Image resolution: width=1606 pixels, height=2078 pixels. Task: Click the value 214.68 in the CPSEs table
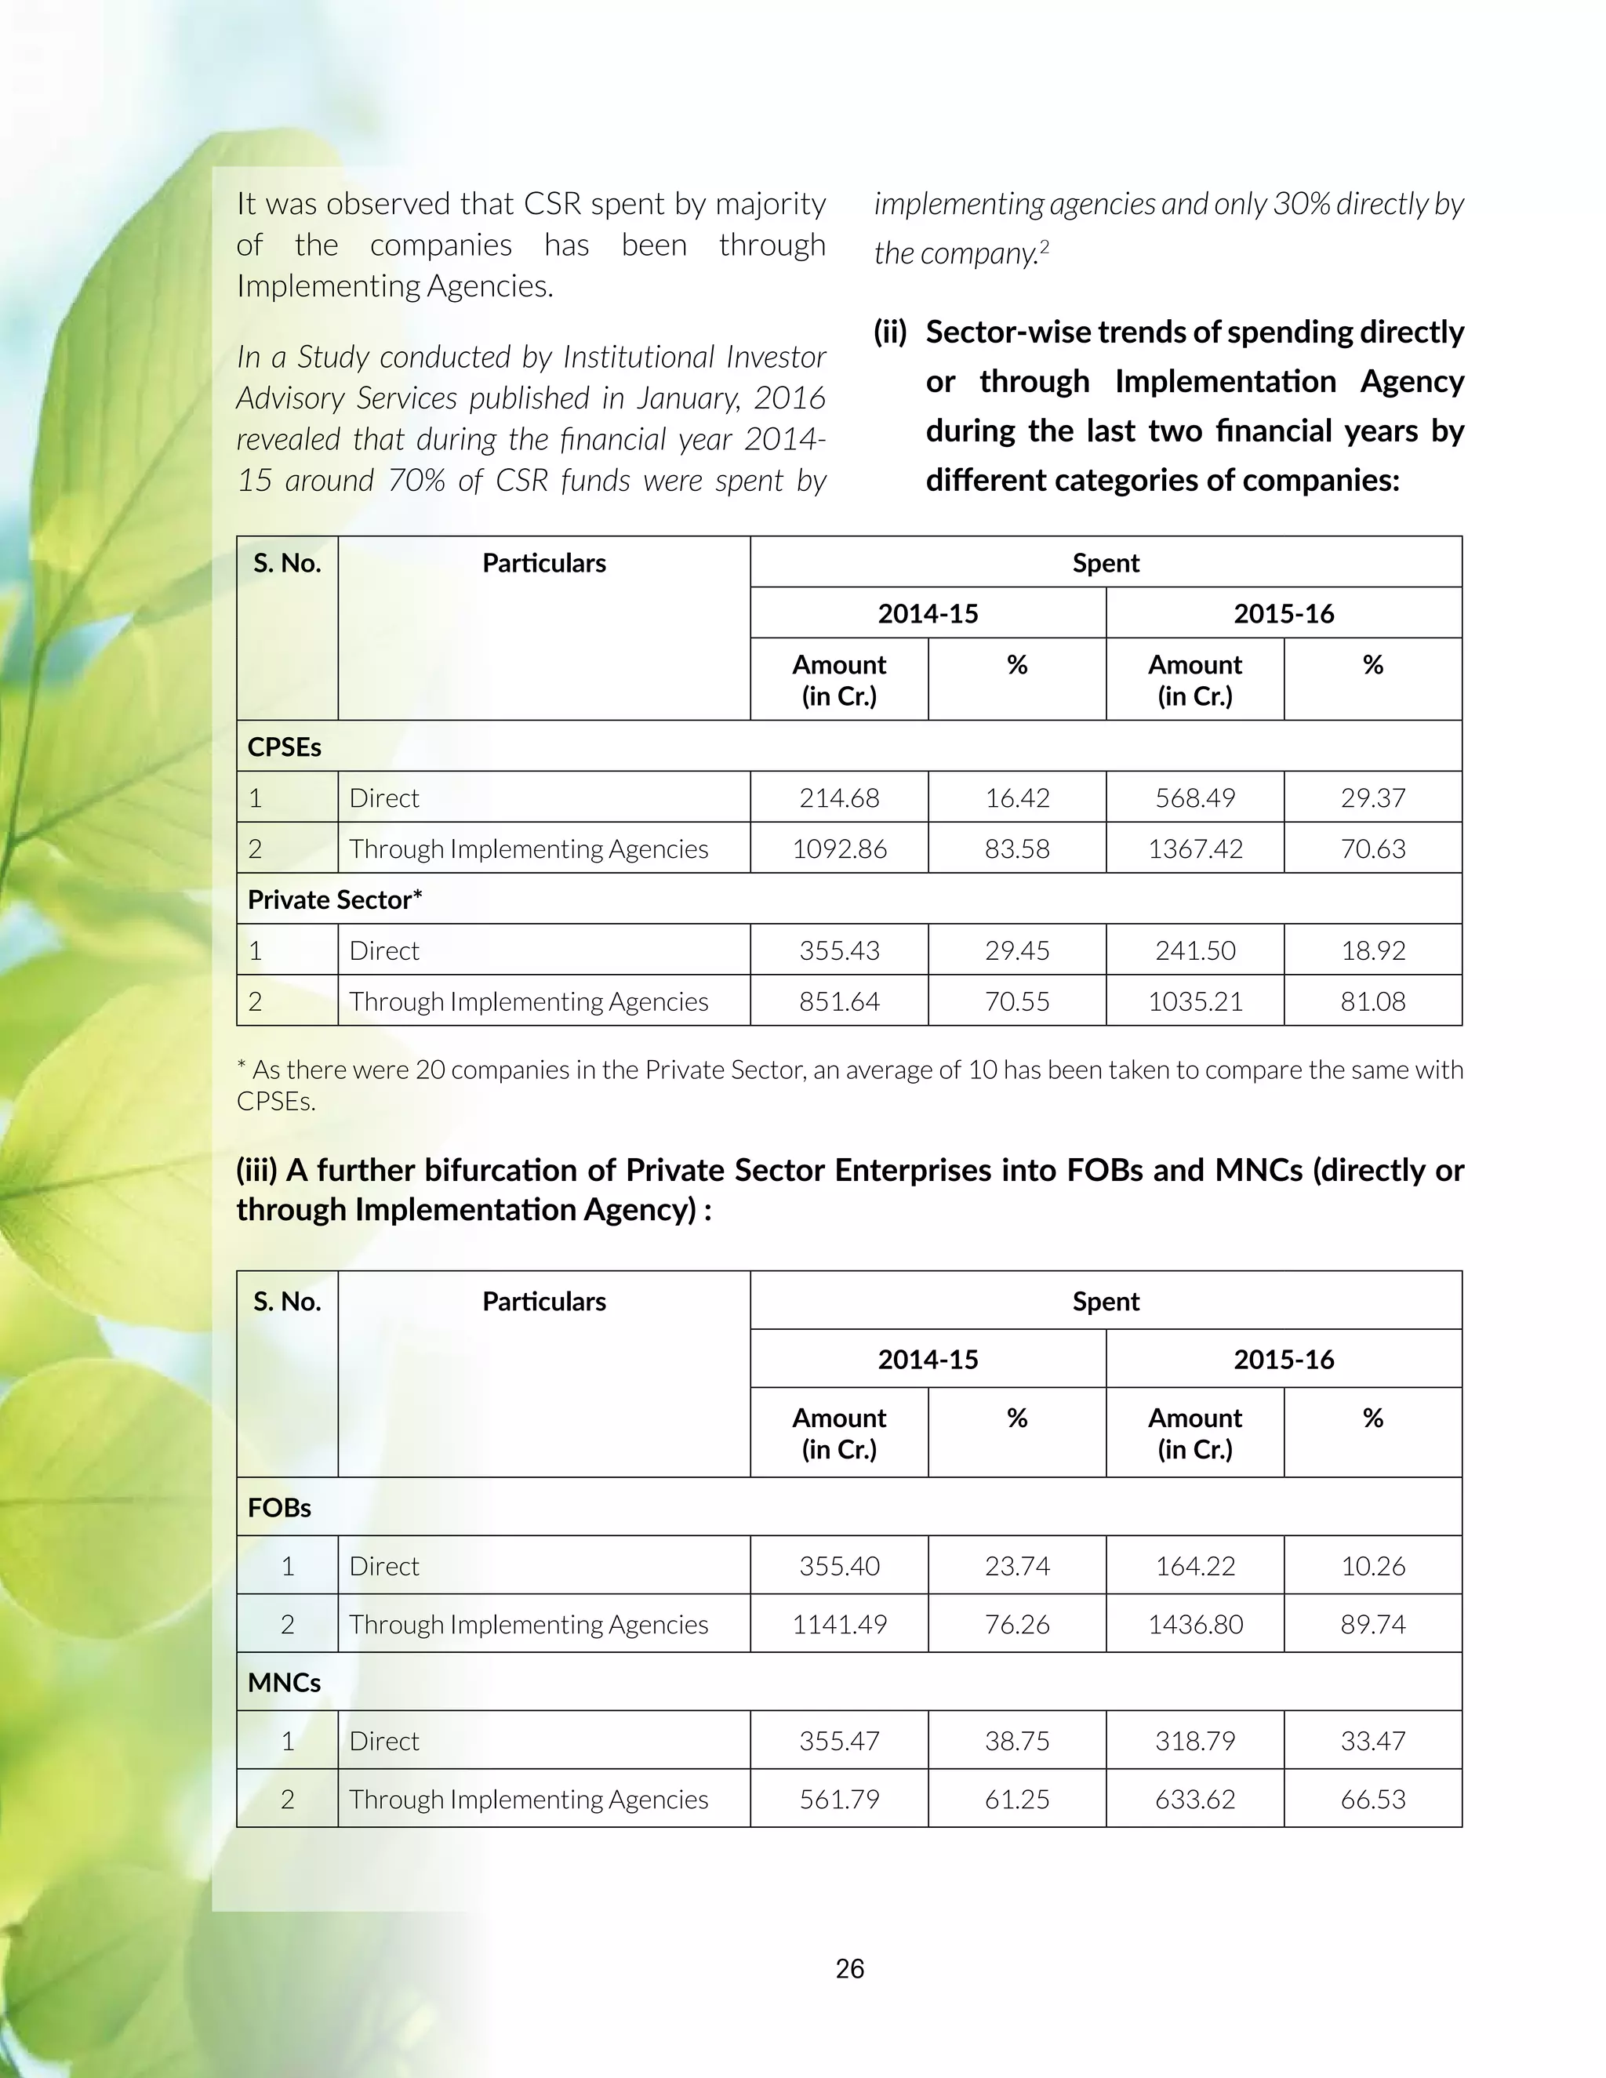click(839, 797)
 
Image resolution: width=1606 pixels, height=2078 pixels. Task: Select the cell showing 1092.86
click(839, 848)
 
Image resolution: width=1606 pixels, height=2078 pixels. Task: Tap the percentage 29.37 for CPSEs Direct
click(1372, 797)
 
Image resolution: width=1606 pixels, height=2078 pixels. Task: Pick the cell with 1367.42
click(1195, 848)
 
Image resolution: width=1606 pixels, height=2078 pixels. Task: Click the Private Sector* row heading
click(335, 899)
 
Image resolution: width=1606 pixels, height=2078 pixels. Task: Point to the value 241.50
click(1195, 950)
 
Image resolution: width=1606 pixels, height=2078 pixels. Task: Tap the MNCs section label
click(284, 1682)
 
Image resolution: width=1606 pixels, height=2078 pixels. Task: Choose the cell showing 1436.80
click(1195, 1624)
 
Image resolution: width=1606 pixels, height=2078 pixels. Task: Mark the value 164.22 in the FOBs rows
click(1195, 1566)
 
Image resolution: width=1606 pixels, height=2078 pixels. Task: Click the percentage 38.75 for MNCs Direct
click(1017, 1741)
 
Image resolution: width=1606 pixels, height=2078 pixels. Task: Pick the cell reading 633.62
click(1195, 1799)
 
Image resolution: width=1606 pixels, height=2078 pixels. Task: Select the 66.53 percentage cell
click(1372, 1799)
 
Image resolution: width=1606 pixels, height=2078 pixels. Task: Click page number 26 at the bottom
click(849, 1968)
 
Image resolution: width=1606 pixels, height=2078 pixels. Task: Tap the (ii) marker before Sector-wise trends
click(889, 332)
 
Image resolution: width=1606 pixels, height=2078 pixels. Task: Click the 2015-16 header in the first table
click(1284, 614)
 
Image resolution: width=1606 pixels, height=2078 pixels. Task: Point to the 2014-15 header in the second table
click(928, 1359)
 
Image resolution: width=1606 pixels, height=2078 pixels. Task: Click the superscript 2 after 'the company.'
click(1045, 246)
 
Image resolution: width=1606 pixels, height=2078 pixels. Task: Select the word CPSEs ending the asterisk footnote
click(275, 1101)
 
